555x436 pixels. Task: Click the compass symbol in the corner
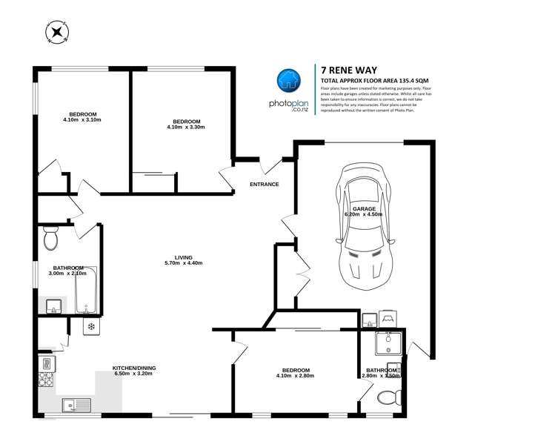(x=56, y=32)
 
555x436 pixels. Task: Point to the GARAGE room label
(x=364, y=209)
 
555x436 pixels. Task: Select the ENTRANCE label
(x=264, y=184)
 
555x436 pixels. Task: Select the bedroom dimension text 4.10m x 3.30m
(x=186, y=128)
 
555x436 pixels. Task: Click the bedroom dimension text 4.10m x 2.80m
(x=296, y=376)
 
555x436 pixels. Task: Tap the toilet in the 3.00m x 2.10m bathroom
(x=51, y=239)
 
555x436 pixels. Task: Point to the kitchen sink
(x=75, y=404)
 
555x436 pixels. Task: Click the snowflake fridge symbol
(x=91, y=326)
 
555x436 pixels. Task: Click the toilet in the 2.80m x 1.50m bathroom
(x=386, y=397)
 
